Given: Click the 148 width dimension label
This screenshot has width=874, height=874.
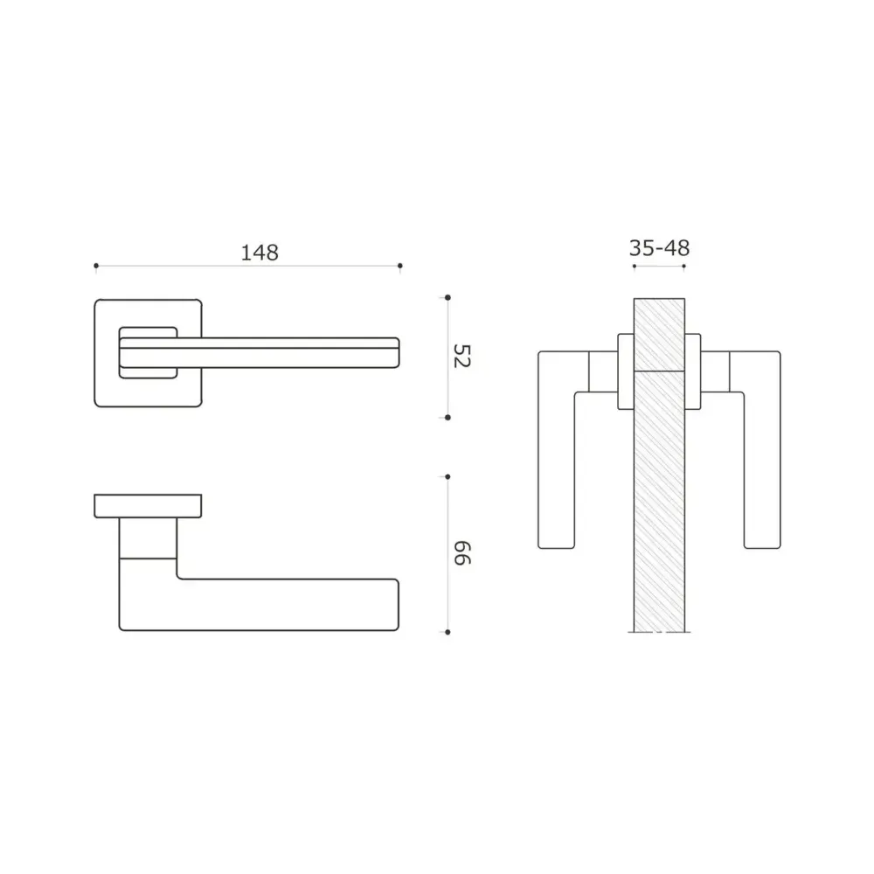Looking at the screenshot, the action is point(260,253).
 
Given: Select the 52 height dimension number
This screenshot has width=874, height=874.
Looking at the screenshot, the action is point(462,357).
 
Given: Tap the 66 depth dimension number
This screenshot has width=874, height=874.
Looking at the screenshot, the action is point(462,553).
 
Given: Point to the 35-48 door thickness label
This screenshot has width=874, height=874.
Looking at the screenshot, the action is point(659,248).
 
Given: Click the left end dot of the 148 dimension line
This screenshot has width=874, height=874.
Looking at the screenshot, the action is point(96,266).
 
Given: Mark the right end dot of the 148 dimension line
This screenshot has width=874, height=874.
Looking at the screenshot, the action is point(400,266).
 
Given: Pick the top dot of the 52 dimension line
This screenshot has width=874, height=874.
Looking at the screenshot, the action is point(447,298).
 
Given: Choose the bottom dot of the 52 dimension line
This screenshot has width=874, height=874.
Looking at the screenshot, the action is point(447,418).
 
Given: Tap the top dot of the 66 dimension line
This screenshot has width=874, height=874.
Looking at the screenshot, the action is point(447,477).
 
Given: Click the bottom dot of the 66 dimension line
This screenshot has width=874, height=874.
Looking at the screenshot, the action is point(447,632).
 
